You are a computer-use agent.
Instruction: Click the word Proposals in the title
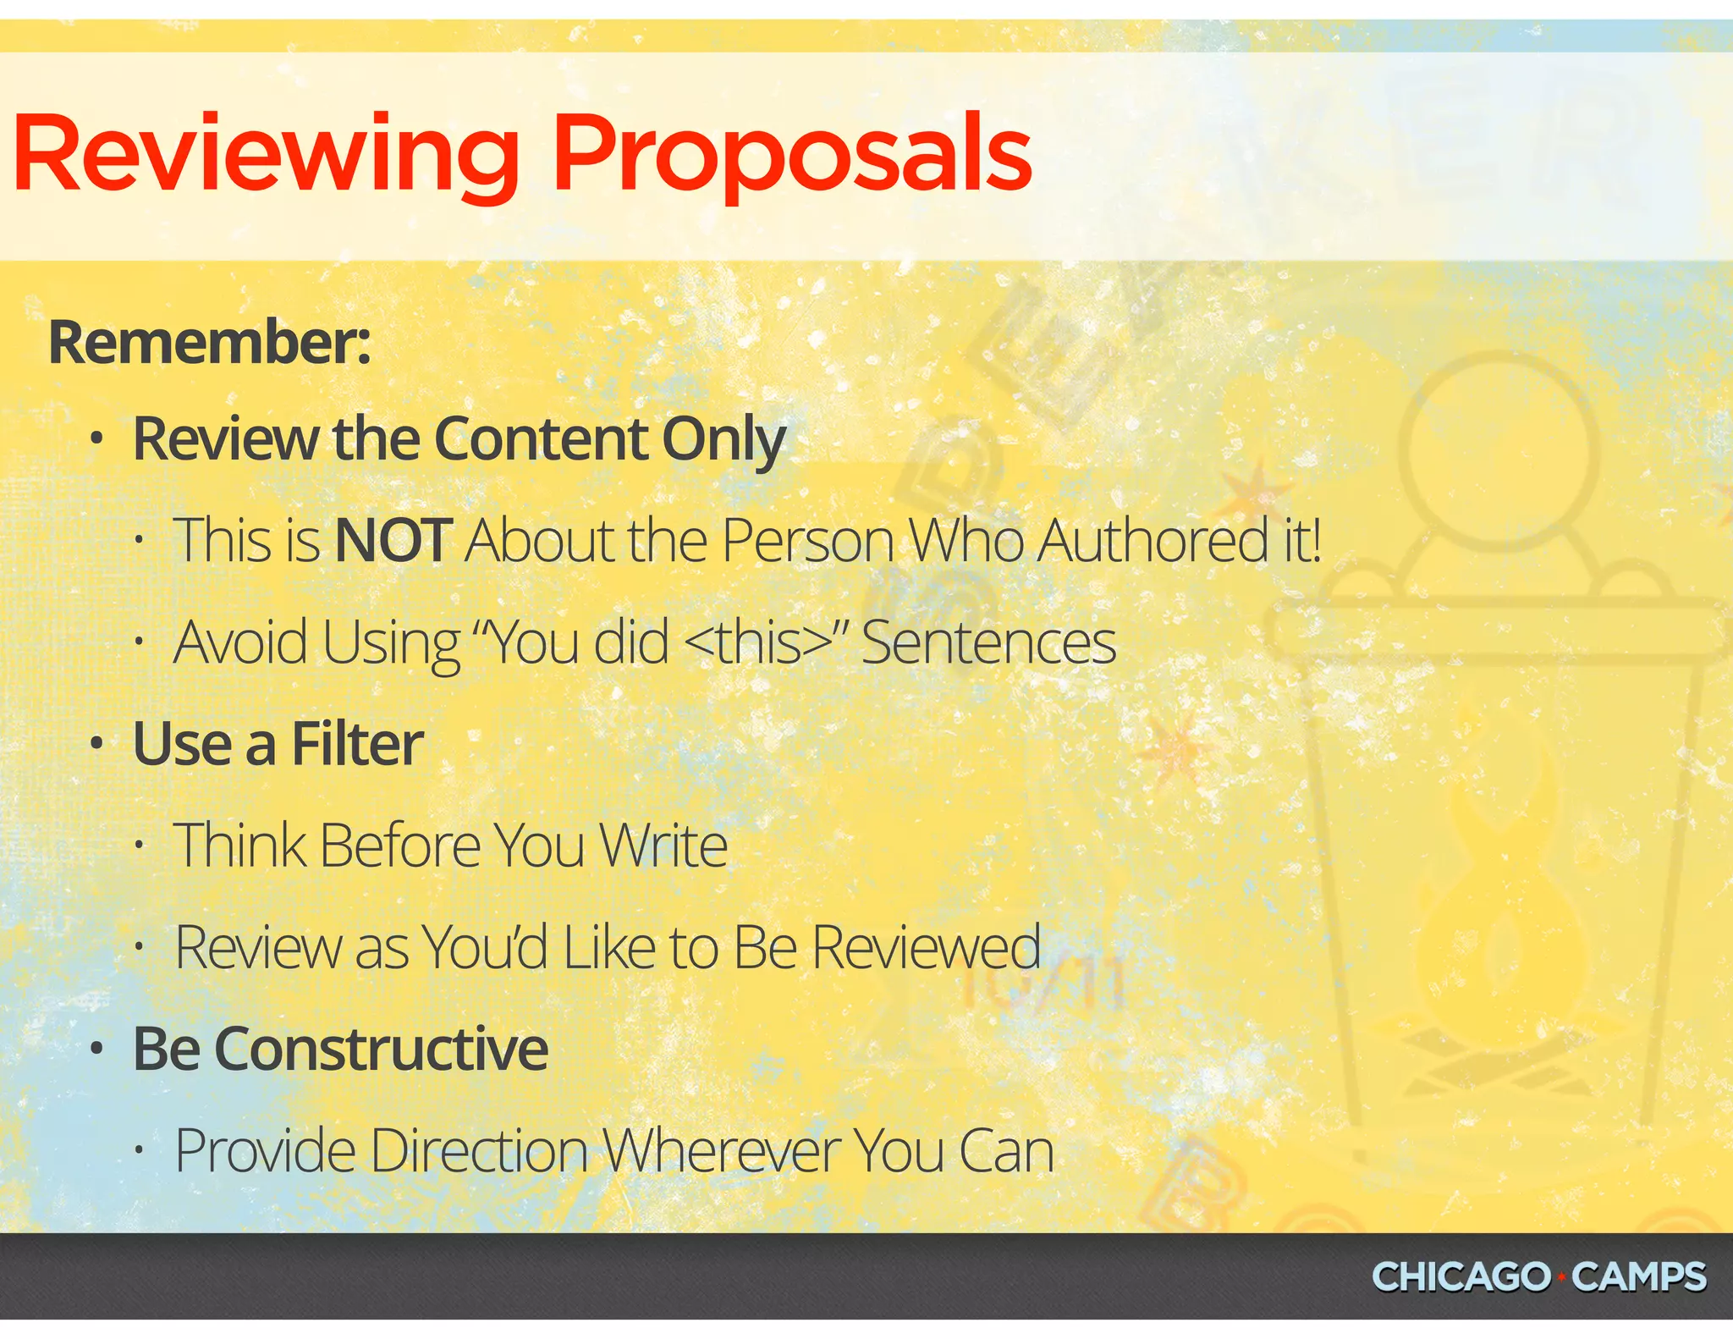(x=791, y=157)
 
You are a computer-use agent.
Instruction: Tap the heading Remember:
(x=209, y=342)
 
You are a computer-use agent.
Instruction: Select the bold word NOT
(x=393, y=540)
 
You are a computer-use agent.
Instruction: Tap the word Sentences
(x=988, y=642)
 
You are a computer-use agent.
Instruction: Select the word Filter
(x=357, y=744)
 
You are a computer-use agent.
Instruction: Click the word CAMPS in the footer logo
(x=1639, y=1276)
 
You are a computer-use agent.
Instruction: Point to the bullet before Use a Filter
(x=97, y=745)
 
